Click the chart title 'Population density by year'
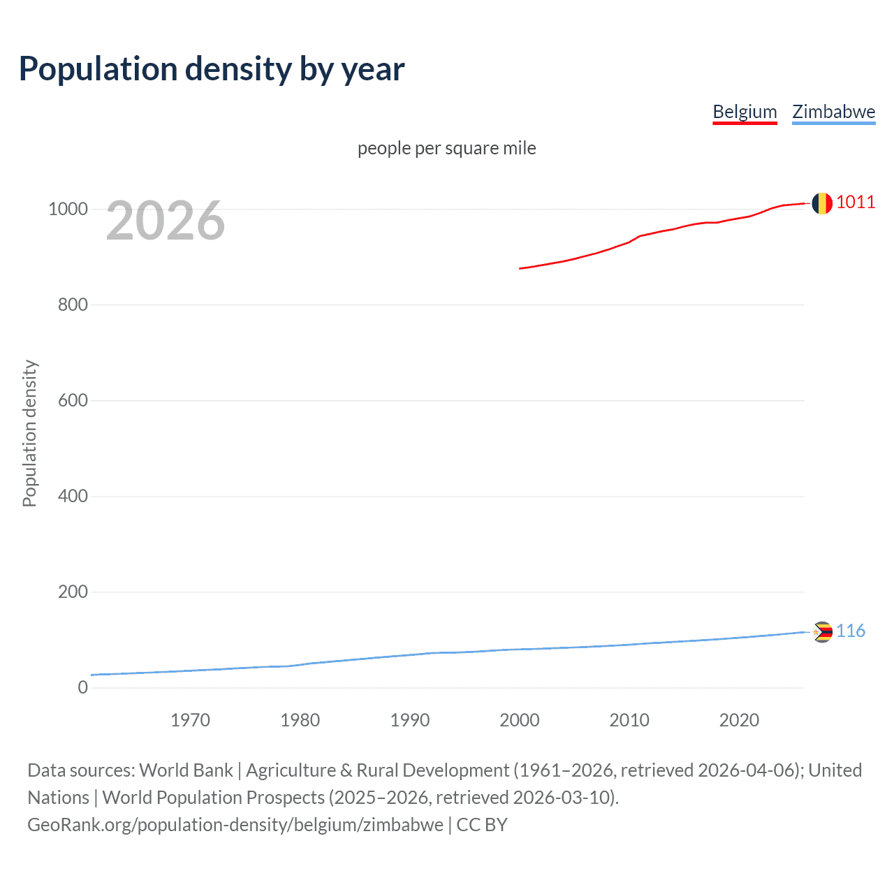coord(212,69)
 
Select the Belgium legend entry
coord(745,112)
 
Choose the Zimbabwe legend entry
coord(833,112)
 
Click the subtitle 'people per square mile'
coord(447,148)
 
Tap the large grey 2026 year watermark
coord(166,221)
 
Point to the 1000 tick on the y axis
coord(68,210)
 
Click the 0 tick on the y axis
coord(83,688)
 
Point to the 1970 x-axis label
coord(190,720)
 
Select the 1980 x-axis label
coord(300,720)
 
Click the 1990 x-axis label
coord(410,720)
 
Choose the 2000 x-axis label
coord(520,720)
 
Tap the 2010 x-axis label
coord(629,720)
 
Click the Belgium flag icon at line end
coord(822,203)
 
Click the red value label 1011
coord(856,203)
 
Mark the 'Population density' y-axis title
coord(29,433)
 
